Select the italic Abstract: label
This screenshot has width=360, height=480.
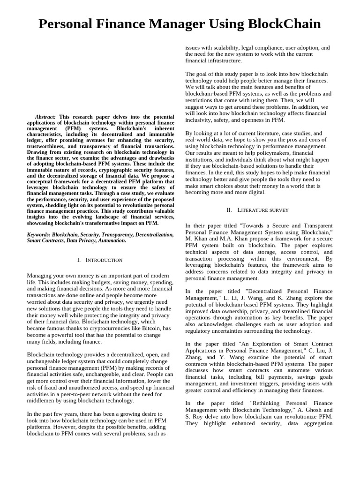coord(45,117)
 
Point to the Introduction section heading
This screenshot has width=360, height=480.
coord(99,260)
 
